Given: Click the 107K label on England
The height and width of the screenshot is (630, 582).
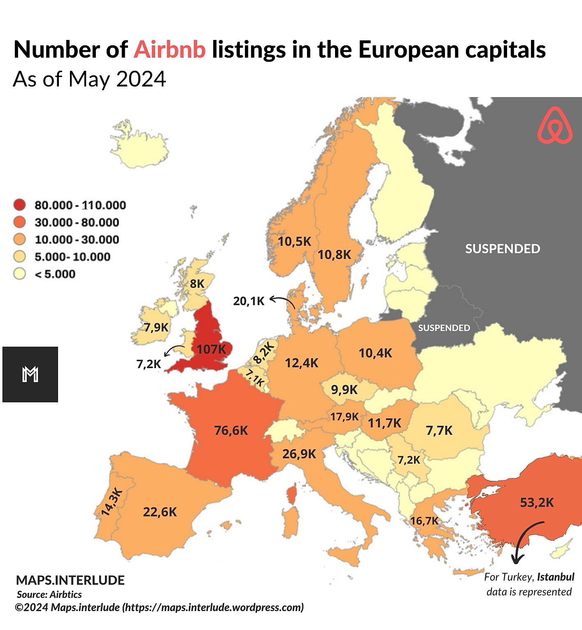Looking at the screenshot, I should pyautogui.click(x=211, y=349).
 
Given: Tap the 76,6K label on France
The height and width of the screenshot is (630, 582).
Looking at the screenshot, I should pyautogui.click(x=231, y=430).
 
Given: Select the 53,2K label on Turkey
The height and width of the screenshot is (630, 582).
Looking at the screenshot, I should pyautogui.click(x=537, y=502).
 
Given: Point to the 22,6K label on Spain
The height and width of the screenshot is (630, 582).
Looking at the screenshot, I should pyautogui.click(x=160, y=512).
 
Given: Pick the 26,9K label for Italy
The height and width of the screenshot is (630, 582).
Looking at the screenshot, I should pyautogui.click(x=299, y=454).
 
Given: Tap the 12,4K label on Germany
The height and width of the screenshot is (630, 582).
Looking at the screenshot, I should pyautogui.click(x=302, y=363).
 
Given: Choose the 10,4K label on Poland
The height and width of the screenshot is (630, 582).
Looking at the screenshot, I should pyautogui.click(x=375, y=353).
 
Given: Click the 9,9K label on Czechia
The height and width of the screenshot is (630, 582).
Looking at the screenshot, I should pyautogui.click(x=345, y=389).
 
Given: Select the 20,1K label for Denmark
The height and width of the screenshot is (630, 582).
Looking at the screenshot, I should pyautogui.click(x=249, y=301).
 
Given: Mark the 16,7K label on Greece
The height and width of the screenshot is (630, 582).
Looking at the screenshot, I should pyautogui.click(x=424, y=521).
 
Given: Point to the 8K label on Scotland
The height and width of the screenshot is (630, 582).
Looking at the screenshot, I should pyautogui.click(x=197, y=283).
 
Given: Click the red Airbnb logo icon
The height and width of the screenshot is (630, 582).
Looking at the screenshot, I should pyautogui.click(x=555, y=126).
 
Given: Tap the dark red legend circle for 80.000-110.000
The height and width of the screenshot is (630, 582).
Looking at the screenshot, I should pyautogui.click(x=19, y=205).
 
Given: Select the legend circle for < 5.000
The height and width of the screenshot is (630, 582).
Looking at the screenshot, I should pyautogui.click(x=19, y=274).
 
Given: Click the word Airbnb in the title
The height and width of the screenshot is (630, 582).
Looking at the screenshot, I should pyautogui.click(x=170, y=50).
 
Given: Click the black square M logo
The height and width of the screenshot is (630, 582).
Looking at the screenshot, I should pyautogui.click(x=30, y=374).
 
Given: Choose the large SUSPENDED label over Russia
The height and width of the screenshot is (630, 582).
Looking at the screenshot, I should pyautogui.click(x=503, y=249).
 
